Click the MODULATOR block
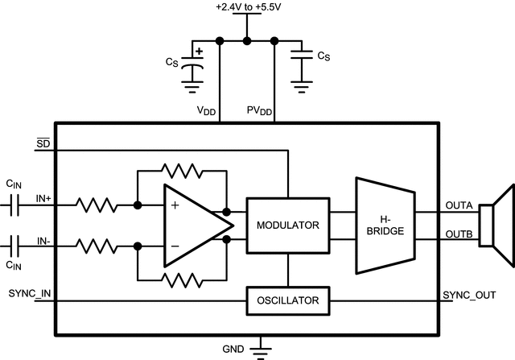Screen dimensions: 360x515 pyautogui.click(x=287, y=225)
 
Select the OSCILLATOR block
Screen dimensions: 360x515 pyautogui.click(x=287, y=301)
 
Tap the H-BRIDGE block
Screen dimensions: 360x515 pyautogui.click(x=385, y=225)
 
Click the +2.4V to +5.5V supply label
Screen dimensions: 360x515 pyautogui.click(x=247, y=7)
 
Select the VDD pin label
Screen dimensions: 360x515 pyautogui.click(x=206, y=111)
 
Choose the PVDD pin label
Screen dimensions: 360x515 pyautogui.click(x=259, y=111)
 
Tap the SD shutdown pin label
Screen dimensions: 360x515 pyautogui.click(x=43, y=143)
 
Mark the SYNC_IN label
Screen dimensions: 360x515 pyautogui.click(x=30, y=294)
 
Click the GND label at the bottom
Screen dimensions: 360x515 pyautogui.click(x=233, y=350)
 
